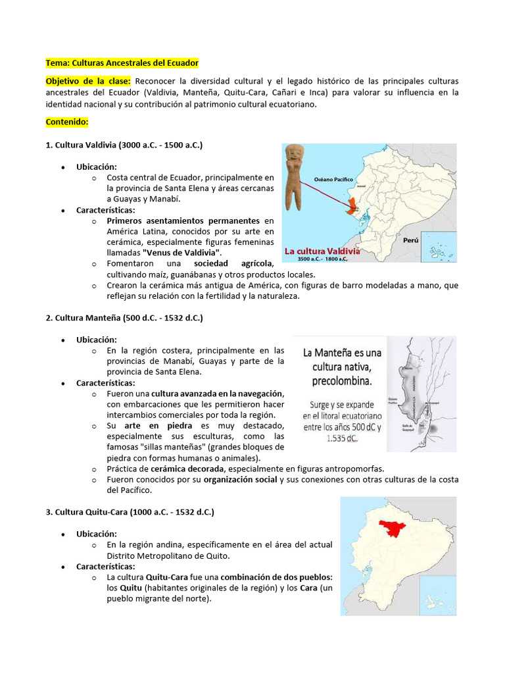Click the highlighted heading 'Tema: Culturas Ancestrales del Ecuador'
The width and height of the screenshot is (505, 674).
click(x=122, y=63)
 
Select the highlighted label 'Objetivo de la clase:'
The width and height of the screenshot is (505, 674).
click(x=88, y=81)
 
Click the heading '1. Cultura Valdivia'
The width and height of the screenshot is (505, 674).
click(x=124, y=144)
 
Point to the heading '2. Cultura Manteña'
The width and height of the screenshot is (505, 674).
click(x=124, y=318)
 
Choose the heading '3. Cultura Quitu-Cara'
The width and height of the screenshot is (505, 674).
click(x=130, y=511)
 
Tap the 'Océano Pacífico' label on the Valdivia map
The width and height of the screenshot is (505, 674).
click(x=333, y=178)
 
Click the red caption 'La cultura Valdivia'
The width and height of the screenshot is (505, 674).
click(x=322, y=251)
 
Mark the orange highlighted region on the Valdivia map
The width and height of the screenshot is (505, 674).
click(x=353, y=205)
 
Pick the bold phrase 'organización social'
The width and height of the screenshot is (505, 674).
click(x=241, y=480)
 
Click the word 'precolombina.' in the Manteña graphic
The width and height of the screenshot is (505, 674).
click(x=342, y=381)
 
